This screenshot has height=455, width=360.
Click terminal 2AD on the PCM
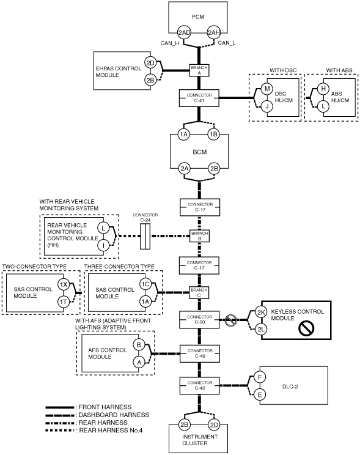coord(184,32)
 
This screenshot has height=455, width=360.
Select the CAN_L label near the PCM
coord(227,43)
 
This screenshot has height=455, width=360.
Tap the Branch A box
coord(199,70)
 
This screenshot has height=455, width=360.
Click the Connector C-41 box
coord(199,98)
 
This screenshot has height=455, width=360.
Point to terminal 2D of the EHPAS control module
coord(150,62)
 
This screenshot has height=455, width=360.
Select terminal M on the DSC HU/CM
coord(267,89)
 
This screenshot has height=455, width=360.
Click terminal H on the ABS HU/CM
coord(323,89)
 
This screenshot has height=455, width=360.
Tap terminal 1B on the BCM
coord(213,135)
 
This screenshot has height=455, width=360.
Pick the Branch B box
coord(200,236)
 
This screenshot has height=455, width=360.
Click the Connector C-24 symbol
coord(145,236)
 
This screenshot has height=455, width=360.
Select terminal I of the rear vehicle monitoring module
coord(103,245)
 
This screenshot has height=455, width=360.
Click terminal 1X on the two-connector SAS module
coord(63,284)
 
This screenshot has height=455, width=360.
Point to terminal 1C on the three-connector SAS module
coord(145,284)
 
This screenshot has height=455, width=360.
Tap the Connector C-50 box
coord(199,319)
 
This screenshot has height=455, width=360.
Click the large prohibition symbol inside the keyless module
coord(306,328)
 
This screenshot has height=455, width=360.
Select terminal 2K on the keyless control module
coord(261,313)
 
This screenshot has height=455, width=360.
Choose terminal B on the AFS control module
coord(139,345)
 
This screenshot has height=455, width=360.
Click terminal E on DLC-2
coord(260,394)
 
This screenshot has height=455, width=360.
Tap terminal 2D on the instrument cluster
coord(214,425)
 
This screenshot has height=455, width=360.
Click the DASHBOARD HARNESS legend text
coord(114,415)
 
